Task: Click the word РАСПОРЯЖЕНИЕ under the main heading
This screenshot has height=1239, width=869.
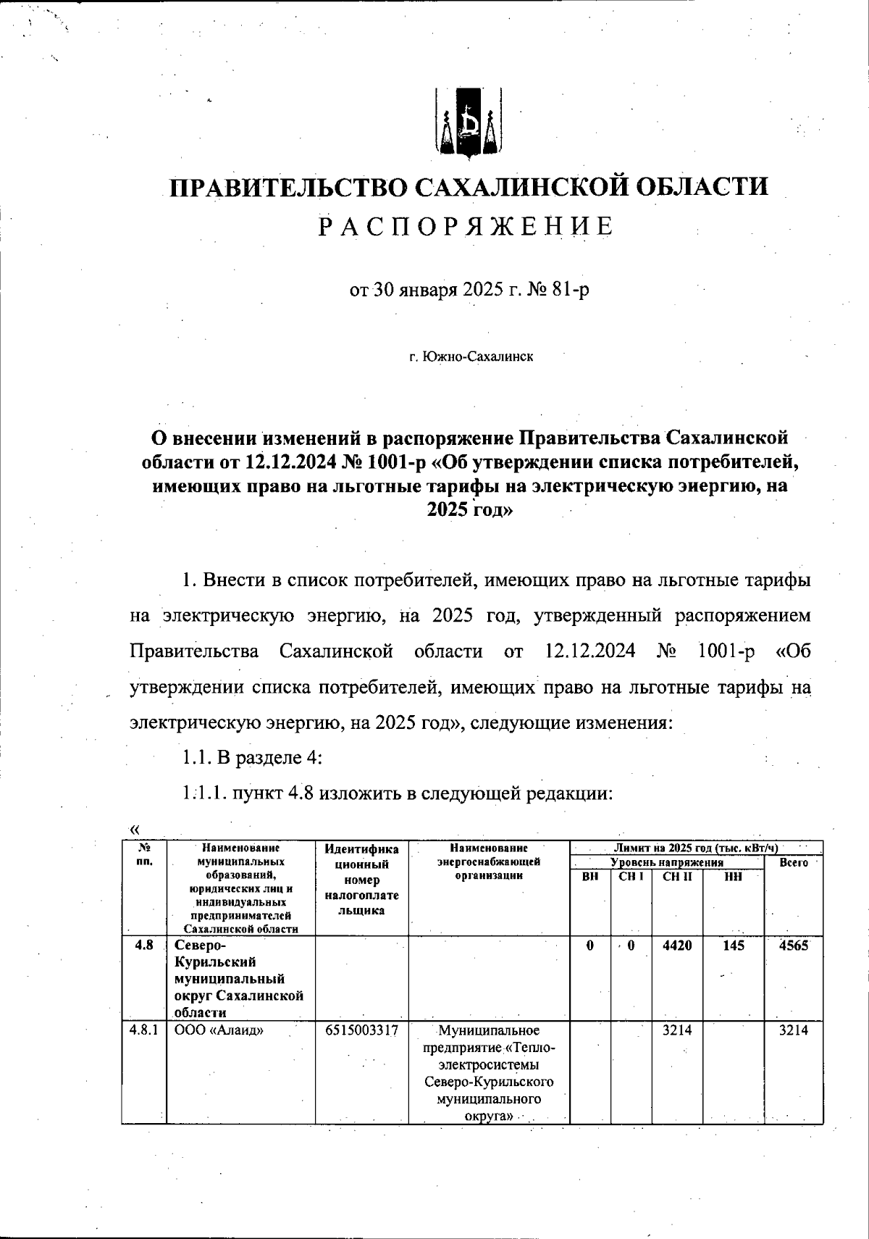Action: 468,227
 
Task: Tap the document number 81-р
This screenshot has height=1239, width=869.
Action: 569,291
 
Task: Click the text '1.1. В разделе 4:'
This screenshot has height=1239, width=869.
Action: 251,758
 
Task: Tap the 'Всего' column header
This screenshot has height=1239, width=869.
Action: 793,863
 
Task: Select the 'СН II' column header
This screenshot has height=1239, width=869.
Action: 677,877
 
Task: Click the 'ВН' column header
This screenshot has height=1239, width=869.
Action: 590,877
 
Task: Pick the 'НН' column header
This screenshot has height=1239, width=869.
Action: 733,877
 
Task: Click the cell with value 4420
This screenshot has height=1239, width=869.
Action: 677,946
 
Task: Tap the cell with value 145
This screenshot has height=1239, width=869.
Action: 733,946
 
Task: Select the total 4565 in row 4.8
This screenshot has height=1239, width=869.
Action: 793,946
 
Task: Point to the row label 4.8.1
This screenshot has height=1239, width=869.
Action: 143,1031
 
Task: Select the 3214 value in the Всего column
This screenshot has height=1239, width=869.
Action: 793,1031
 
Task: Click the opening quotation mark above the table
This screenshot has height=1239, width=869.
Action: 133,829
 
